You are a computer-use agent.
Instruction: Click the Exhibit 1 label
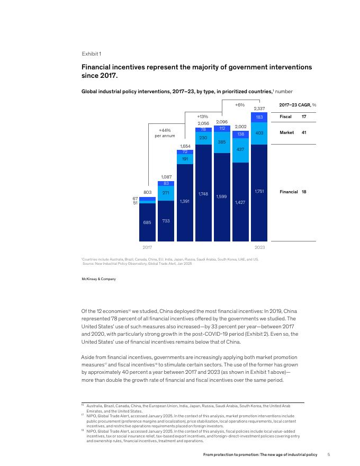[x=91, y=54]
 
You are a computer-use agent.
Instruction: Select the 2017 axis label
[x=148, y=247]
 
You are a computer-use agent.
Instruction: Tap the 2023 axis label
[x=259, y=247]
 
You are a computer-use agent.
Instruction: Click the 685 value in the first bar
[x=147, y=222]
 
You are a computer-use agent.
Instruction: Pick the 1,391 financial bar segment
[x=185, y=201]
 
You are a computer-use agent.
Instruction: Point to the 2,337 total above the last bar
[x=259, y=108]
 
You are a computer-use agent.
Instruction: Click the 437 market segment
[x=240, y=150]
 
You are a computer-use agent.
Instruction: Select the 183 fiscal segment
[x=259, y=116]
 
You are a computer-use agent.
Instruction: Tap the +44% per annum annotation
[x=165, y=132]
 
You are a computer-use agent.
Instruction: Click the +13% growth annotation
[x=202, y=116]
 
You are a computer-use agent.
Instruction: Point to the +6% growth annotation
[x=239, y=105]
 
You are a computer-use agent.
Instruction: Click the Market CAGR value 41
[x=304, y=132]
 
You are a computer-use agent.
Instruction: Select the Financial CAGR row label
[x=288, y=191]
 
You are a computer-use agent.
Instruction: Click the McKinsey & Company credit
[x=98, y=279]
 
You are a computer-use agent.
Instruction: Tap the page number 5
[x=329, y=454]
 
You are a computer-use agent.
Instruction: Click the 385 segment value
[x=222, y=142]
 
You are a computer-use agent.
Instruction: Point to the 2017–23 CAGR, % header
[x=297, y=104]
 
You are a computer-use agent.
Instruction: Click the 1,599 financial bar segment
[x=222, y=196]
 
